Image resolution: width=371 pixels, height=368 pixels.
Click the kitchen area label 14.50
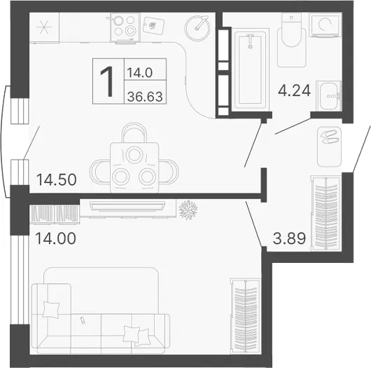(x=56, y=179)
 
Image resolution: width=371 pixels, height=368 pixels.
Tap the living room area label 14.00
(x=55, y=238)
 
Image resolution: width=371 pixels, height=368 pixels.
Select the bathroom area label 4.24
(x=294, y=90)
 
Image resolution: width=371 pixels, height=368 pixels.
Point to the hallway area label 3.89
(x=289, y=238)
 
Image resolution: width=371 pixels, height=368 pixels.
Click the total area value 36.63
(x=145, y=97)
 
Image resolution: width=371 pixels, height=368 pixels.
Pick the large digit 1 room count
(x=108, y=81)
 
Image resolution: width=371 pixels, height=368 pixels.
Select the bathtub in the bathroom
(x=251, y=69)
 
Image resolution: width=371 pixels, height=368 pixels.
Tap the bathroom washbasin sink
(x=328, y=96)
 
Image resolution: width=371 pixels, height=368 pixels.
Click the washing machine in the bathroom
(x=325, y=25)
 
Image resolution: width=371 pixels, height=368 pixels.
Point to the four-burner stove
(x=125, y=27)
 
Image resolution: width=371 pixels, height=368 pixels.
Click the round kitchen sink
(x=197, y=28)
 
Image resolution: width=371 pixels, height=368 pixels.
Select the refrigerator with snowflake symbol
(x=44, y=27)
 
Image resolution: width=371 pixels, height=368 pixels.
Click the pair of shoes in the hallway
(x=329, y=137)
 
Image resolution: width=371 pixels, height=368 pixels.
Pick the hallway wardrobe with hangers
(x=326, y=213)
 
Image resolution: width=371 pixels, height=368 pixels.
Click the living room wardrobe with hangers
(x=246, y=316)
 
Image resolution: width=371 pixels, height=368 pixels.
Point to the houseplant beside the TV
(x=188, y=210)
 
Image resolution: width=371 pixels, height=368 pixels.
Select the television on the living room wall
(x=127, y=206)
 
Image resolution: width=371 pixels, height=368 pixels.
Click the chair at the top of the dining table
(x=134, y=132)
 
